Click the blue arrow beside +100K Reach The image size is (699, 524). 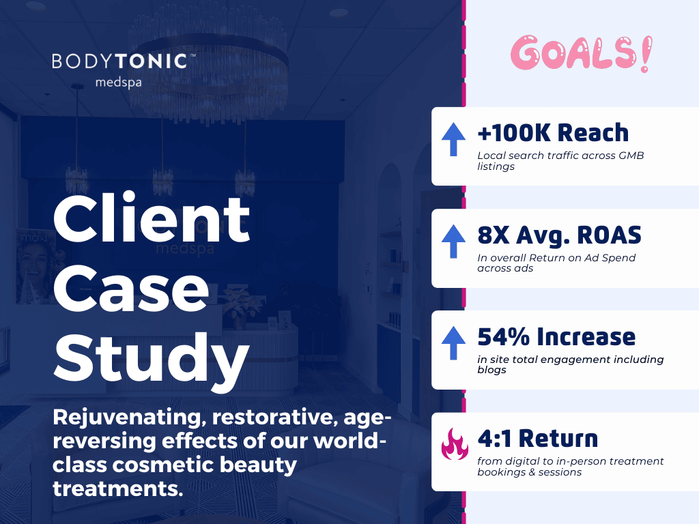(453, 140)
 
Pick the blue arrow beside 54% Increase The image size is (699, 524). (453, 343)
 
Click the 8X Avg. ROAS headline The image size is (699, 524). (559, 235)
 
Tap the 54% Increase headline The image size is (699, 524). (556, 337)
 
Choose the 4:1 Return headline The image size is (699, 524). (537, 438)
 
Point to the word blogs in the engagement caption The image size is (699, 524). (491, 370)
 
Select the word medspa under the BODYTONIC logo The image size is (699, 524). (119, 83)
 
